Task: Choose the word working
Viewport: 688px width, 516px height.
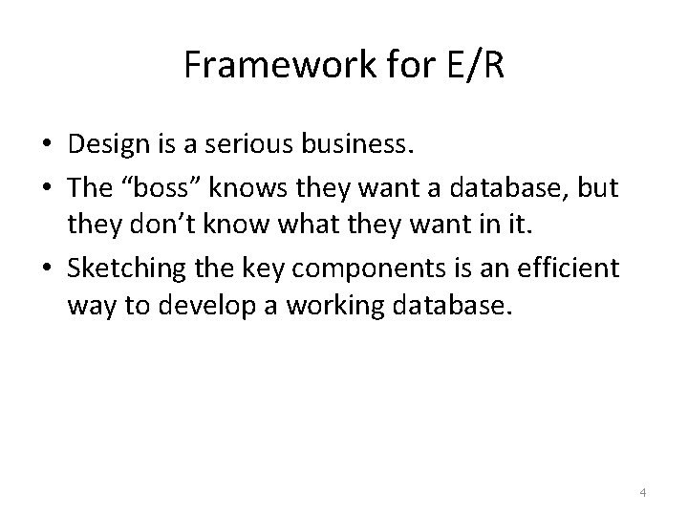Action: pos(308,306)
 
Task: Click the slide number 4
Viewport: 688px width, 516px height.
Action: pos(643,493)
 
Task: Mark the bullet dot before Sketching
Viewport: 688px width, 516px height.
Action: pos(46,269)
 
